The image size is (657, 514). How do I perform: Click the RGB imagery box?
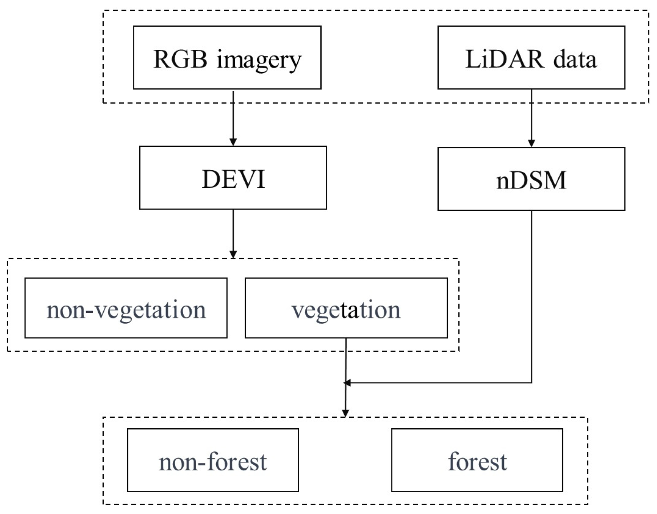pyautogui.click(x=227, y=57)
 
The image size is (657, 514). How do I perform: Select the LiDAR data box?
pyautogui.click(x=531, y=57)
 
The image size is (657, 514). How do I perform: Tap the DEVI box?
pyautogui.click(x=233, y=178)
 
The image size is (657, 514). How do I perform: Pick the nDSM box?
pyautogui.click(x=531, y=179)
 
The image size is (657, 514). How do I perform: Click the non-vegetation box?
pyautogui.click(x=126, y=308)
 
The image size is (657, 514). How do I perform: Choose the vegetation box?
pyautogui.click(x=346, y=308)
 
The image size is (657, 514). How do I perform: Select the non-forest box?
pyautogui.click(x=213, y=460)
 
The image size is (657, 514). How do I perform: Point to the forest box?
pyautogui.click(x=477, y=460)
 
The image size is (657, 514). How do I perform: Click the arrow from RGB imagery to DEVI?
pyautogui.click(x=233, y=118)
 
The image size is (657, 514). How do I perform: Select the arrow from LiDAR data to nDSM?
pyautogui.click(x=532, y=118)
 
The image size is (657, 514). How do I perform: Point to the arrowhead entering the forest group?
pyautogui.click(x=345, y=413)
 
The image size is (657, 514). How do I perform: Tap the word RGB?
pyautogui.click(x=180, y=59)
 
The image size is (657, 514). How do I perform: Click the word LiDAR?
pyautogui.click(x=504, y=59)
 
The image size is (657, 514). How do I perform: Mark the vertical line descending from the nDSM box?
pyautogui.click(x=532, y=293)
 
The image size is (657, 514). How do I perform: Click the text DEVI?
pyautogui.click(x=233, y=179)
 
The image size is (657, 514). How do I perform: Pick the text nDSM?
pyautogui.click(x=531, y=181)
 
